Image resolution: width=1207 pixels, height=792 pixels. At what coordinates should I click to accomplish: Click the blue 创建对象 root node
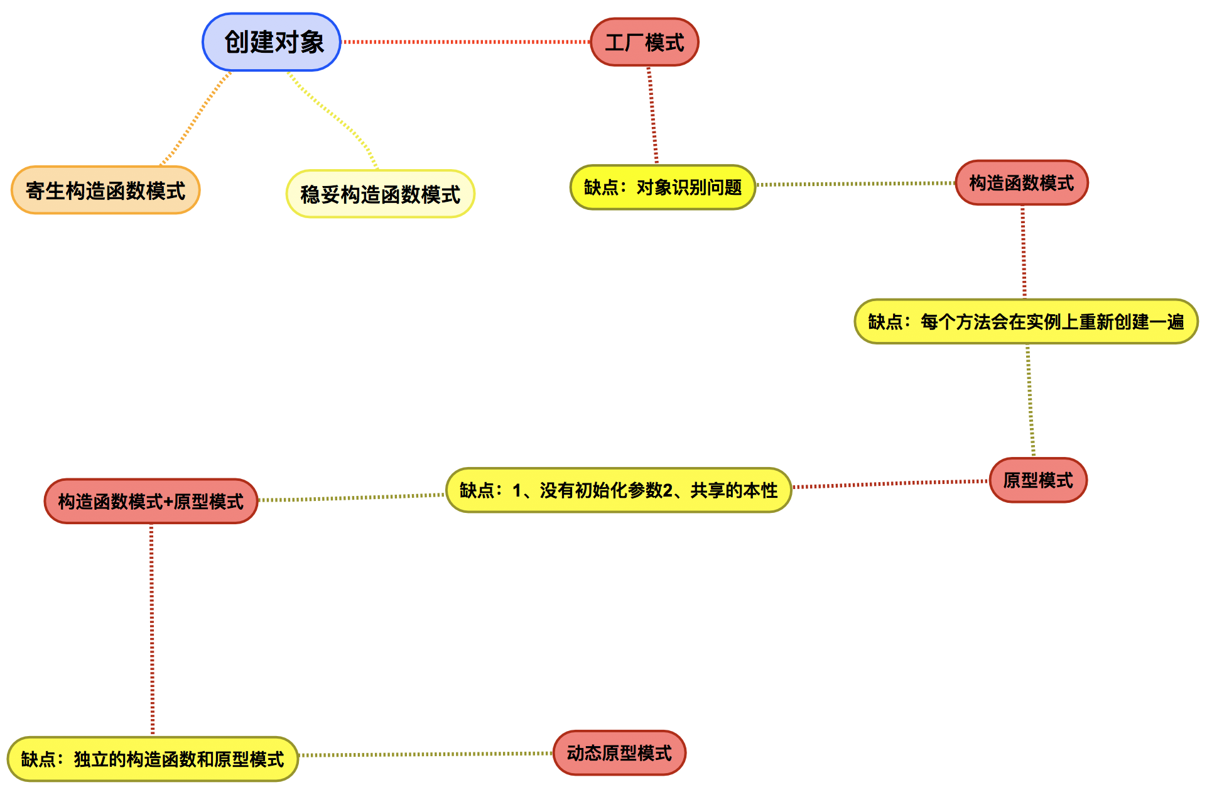[x=271, y=42]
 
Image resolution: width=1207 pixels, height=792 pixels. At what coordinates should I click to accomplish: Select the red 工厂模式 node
[x=644, y=42]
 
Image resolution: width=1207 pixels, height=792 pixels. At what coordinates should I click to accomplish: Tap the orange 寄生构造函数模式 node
[x=106, y=190]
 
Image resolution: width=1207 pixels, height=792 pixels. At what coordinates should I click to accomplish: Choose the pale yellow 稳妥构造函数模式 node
[x=380, y=194]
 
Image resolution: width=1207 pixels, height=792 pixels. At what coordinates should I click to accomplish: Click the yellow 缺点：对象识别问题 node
[x=663, y=187]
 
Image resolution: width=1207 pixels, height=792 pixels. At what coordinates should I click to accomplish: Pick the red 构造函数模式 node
[x=1021, y=183]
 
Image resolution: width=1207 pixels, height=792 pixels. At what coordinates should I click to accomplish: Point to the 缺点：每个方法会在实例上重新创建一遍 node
[x=1026, y=322]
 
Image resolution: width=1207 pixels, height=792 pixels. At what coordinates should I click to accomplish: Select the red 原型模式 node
[x=1037, y=480]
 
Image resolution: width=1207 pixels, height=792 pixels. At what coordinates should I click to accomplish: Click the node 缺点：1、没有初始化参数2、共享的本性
[x=618, y=490]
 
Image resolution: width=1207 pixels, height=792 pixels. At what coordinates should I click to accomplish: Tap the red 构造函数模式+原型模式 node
[x=151, y=502]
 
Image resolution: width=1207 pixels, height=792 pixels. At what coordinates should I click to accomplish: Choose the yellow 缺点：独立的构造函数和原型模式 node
[x=152, y=759]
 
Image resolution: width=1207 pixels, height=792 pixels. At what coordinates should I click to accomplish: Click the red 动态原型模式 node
[x=619, y=753]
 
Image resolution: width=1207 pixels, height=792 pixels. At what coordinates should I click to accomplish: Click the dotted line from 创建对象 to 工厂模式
[x=465, y=42]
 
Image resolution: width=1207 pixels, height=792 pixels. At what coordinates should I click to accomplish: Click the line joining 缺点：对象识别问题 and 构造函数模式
[x=854, y=184]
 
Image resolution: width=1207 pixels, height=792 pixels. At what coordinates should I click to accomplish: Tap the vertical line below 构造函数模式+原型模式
[x=152, y=629]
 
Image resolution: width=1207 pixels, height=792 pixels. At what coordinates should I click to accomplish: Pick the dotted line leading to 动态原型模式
[x=426, y=754]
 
